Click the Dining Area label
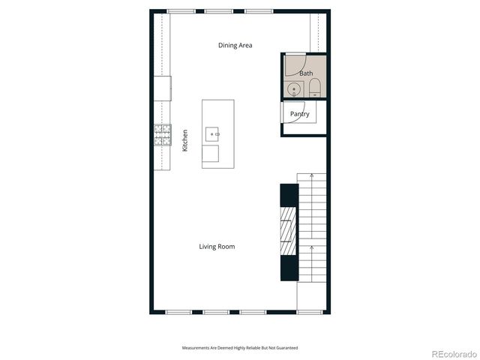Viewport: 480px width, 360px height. pos(235,46)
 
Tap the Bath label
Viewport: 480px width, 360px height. pos(306,73)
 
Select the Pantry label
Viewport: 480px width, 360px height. pos(300,114)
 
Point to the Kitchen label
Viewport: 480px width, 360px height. pos(185,141)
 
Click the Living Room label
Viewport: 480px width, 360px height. pos(217,247)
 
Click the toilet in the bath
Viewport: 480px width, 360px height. pos(314,89)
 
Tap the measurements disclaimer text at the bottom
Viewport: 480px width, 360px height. pos(240,348)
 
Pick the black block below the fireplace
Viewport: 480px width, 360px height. pos(289,268)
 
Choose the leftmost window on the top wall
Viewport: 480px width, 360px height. pos(178,11)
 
